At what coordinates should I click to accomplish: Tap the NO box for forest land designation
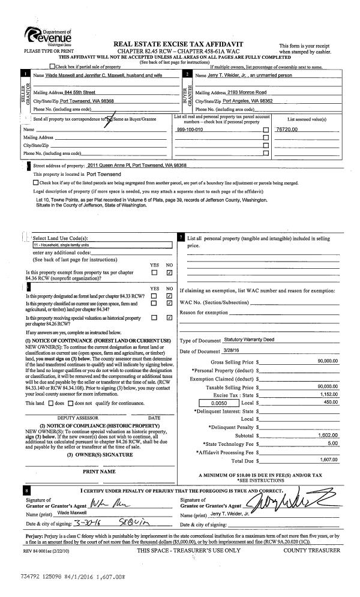[x=169, y=295]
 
